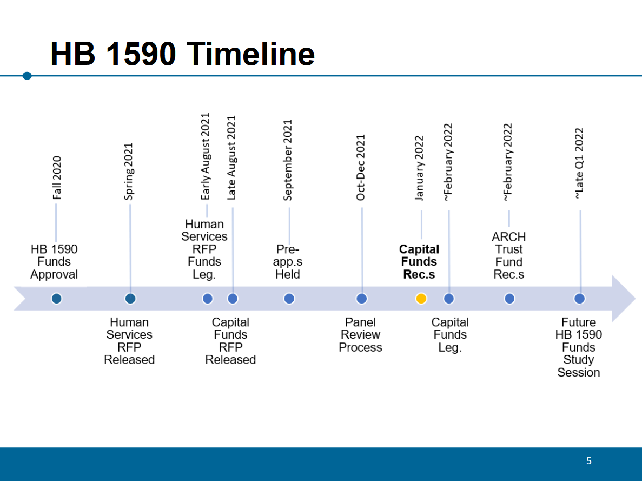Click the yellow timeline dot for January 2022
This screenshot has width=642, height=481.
(421, 299)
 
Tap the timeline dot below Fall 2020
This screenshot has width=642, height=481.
(56, 299)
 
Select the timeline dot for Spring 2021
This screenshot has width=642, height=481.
(130, 299)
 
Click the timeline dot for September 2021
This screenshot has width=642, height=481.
(289, 299)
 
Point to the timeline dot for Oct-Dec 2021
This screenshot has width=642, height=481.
(361, 299)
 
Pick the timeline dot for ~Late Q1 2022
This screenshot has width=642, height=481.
(579, 299)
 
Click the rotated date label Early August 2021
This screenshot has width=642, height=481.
(206, 156)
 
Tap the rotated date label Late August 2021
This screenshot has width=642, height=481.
(231, 158)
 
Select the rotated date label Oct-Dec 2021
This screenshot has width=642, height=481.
(360, 168)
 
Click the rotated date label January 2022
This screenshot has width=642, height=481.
(419, 168)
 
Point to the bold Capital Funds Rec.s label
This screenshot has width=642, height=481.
(419, 262)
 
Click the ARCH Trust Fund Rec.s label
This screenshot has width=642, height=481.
(508, 256)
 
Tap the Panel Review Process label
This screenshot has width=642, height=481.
(360, 335)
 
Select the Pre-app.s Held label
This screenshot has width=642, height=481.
(287, 262)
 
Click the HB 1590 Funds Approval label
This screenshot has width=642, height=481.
(54, 262)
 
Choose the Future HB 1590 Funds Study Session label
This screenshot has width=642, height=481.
(579, 347)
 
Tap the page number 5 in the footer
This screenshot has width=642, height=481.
(589, 461)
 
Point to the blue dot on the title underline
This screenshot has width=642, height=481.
(27, 76)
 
